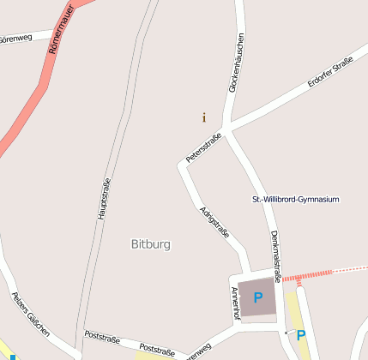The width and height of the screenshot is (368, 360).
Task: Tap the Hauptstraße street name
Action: (104, 199)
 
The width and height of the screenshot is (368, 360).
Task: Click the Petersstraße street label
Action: (204, 147)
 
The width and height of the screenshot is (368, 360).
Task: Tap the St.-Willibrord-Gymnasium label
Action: (295, 199)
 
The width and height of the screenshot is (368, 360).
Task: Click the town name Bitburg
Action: (151, 244)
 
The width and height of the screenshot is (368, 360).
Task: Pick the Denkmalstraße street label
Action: (275, 255)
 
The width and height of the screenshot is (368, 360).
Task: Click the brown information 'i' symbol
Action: (203, 117)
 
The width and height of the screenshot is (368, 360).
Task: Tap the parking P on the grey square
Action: (257, 298)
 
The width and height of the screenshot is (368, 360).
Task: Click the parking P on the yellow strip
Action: (301, 335)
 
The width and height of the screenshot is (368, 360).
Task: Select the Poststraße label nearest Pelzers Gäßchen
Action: (102, 338)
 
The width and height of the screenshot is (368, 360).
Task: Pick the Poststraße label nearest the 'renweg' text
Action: (157, 350)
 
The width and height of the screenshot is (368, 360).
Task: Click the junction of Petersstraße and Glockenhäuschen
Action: (226, 129)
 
